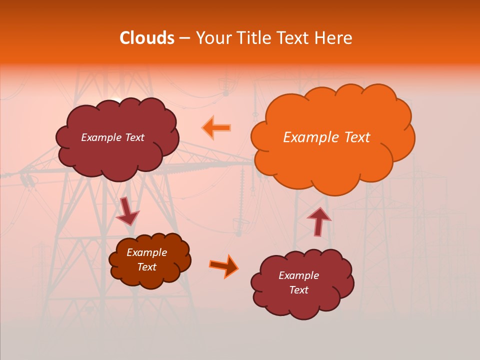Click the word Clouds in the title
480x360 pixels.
coord(147,38)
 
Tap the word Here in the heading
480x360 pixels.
coord(333,38)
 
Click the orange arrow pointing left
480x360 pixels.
coord(216,127)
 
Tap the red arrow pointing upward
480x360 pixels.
coord(318,220)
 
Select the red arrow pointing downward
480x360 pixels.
coord(127,211)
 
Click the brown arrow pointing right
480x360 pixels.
coord(224,265)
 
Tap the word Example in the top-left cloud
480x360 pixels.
coord(101,137)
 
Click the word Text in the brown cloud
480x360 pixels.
coord(147,267)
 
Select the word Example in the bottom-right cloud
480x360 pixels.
coord(298,275)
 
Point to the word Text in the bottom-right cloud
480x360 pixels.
coord(298,290)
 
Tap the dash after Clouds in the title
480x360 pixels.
coord(184,38)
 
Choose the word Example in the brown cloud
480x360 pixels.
coord(147,252)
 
